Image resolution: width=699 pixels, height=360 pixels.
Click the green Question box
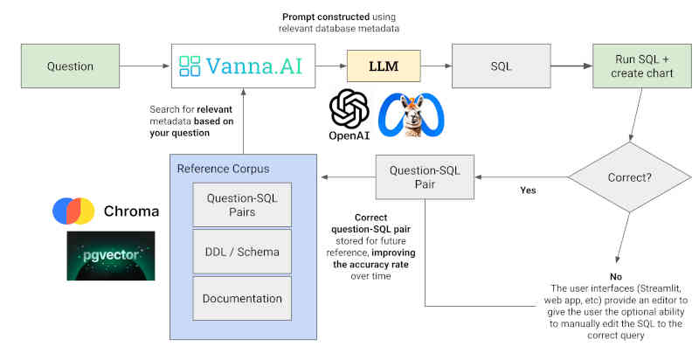pyautogui.click(x=70, y=66)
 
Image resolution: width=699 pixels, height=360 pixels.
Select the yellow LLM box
pyautogui.click(x=384, y=66)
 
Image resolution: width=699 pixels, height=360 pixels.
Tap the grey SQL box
pyautogui.click(x=501, y=66)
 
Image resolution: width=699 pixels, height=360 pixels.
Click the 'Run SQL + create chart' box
pyautogui.click(x=642, y=66)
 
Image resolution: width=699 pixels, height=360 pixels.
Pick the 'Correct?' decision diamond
pyautogui.click(x=629, y=177)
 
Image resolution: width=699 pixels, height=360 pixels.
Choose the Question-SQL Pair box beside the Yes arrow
pyautogui.click(x=425, y=177)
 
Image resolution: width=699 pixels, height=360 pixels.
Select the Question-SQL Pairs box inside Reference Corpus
pyautogui.click(x=242, y=204)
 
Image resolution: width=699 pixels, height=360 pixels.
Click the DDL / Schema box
pyautogui.click(x=242, y=252)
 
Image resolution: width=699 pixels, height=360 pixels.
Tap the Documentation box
pyautogui.click(x=242, y=299)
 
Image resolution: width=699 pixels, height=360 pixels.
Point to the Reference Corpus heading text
pyautogui.click(x=223, y=169)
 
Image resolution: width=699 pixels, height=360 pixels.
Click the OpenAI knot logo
pyautogui.click(x=349, y=108)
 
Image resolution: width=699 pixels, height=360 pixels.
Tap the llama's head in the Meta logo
pyautogui.click(x=411, y=115)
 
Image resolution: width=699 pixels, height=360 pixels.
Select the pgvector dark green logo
pyautogui.click(x=111, y=256)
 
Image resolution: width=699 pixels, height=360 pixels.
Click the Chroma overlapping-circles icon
pyautogui.click(x=73, y=211)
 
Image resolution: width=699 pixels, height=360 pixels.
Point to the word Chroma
pyautogui.click(x=131, y=211)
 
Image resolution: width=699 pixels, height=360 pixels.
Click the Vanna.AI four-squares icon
pyautogui.click(x=190, y=66)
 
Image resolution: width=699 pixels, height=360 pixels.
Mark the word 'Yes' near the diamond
pyautogui.click(x=528, y=190)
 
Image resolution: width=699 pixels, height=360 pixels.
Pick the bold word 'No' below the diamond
pyautogui.click(x=616, y=277)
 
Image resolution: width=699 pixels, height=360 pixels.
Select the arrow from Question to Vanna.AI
pyautogui.click(x=144, y=66)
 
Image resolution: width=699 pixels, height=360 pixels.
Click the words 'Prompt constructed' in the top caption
pyautogui.click(x=326, y=17)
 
